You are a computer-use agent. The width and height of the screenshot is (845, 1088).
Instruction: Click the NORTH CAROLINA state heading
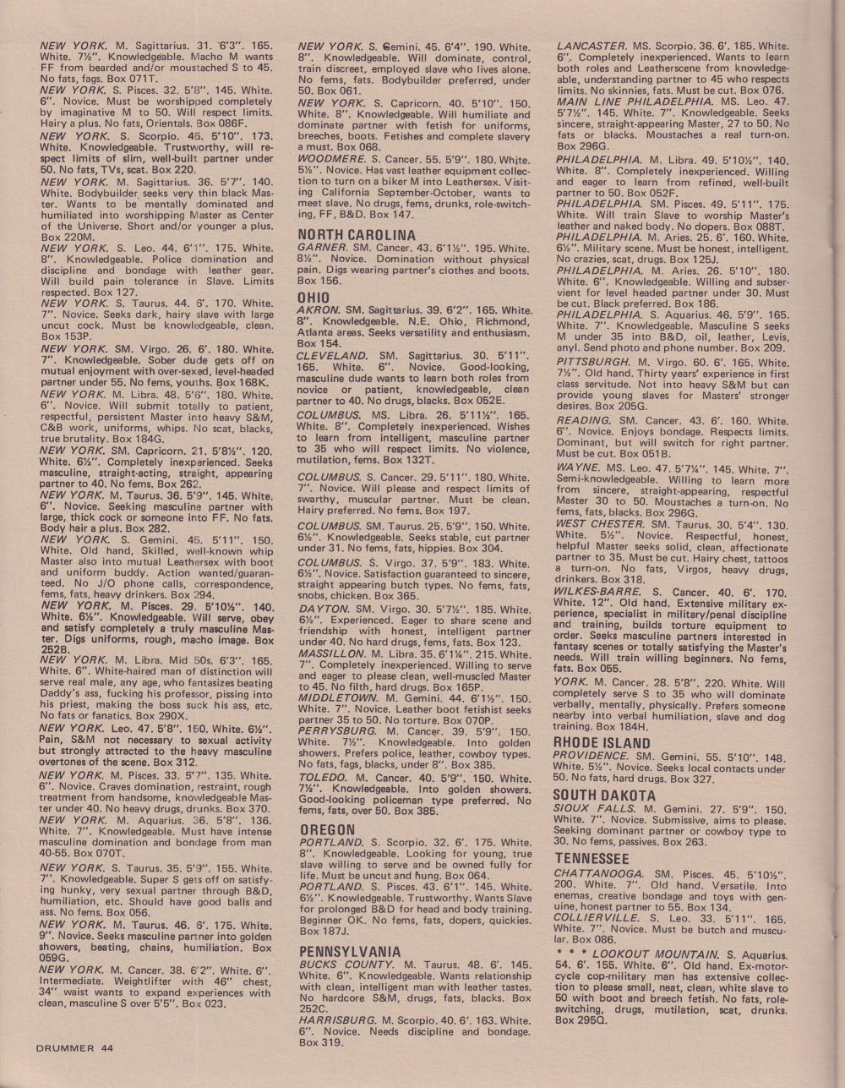pyautogui.click(x=356, y=234)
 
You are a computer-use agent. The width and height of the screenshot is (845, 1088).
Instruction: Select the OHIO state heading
pyautogui.click(x=313, y=298)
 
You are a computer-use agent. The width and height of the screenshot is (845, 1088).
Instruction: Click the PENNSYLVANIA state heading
pyautogui.click(x=350, y=952)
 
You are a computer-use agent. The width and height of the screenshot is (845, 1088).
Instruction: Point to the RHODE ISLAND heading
pyautogui.click(x=602, y=743)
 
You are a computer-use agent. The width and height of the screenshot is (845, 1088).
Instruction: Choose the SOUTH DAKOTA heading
pyautogui.click(x=603, y=795)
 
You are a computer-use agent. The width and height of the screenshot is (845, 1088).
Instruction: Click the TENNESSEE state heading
pyautogui.click(x=591, y=858)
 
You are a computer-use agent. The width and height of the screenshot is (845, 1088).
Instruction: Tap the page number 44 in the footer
pyautogui.click(x=106, y=1047)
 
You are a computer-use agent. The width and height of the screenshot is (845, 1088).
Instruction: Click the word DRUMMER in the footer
pyautogui.click(x=65, y=1047)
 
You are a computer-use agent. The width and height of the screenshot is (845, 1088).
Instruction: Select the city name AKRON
pyautogui.click(x=318, y=310)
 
